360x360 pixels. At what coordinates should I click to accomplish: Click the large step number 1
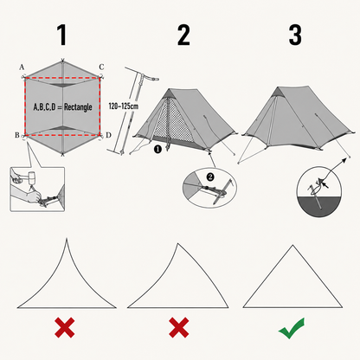pos(62,35)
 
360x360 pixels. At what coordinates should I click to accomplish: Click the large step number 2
pos(183,35)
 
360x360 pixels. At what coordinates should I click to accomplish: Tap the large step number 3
pos(295,35)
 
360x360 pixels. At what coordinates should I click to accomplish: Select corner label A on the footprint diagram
pos(22,67)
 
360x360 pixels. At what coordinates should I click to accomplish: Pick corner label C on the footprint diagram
pos(101,67)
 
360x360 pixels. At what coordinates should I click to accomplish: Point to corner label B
pos(17,135)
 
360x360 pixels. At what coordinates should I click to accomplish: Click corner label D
pos(108,135)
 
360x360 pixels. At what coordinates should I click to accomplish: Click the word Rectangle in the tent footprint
pos(78,107)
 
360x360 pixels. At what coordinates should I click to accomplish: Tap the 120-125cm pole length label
pos(124,106)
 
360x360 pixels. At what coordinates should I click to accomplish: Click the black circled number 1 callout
pos(157,149)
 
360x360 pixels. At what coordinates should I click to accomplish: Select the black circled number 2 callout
pos(210,177)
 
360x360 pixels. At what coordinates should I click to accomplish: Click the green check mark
pos(292,328)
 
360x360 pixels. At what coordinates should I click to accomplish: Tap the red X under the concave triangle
pos(65,327)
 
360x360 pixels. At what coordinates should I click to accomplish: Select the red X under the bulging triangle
pos(179,327)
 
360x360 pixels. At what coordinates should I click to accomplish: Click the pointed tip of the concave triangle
pos(67,238)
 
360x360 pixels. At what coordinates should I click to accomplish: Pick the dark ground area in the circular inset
pos(319,206)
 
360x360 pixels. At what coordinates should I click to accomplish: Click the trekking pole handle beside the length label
pos(150,78)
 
